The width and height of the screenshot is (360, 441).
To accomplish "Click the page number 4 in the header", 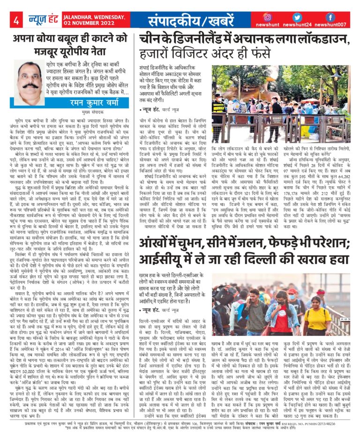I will pos(15,21).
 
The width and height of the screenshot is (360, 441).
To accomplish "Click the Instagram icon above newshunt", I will pos(267,17).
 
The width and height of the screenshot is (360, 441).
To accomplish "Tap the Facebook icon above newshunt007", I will pos(330,17).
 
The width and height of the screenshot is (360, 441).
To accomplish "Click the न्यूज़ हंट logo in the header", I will pos(38,20).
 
